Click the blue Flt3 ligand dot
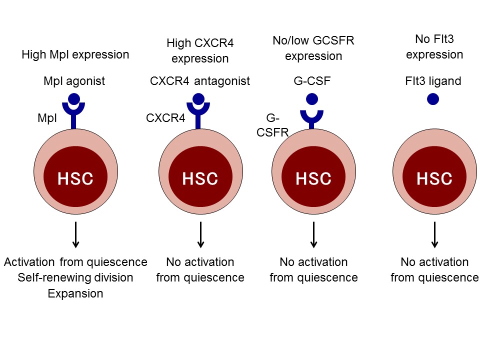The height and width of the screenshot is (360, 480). point(433,99)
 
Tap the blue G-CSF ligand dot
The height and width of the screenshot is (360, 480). point(312,99)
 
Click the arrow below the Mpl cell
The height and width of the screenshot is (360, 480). point(75,235)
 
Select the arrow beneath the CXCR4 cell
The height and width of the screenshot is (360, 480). point(200,235)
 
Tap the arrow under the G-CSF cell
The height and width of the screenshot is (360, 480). point(313,235)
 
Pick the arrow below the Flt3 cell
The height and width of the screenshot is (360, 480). point(434,235)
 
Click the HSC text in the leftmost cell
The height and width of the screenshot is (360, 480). point(75,178)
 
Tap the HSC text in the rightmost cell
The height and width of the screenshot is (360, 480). point(434,178)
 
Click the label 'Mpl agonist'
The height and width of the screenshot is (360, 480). point(74,81)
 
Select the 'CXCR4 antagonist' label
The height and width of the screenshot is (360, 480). point(200,81)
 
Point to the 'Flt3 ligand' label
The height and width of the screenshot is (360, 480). point(433,81)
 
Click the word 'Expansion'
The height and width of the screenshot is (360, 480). point(75,293)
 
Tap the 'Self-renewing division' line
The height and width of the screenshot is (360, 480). point(75,277)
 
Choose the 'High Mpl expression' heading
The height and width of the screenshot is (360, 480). point(75,55)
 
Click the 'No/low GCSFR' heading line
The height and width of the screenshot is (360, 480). point(313,40)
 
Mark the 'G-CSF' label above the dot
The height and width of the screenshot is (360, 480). point(312,81)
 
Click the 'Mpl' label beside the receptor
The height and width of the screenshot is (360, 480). point(47,118)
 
